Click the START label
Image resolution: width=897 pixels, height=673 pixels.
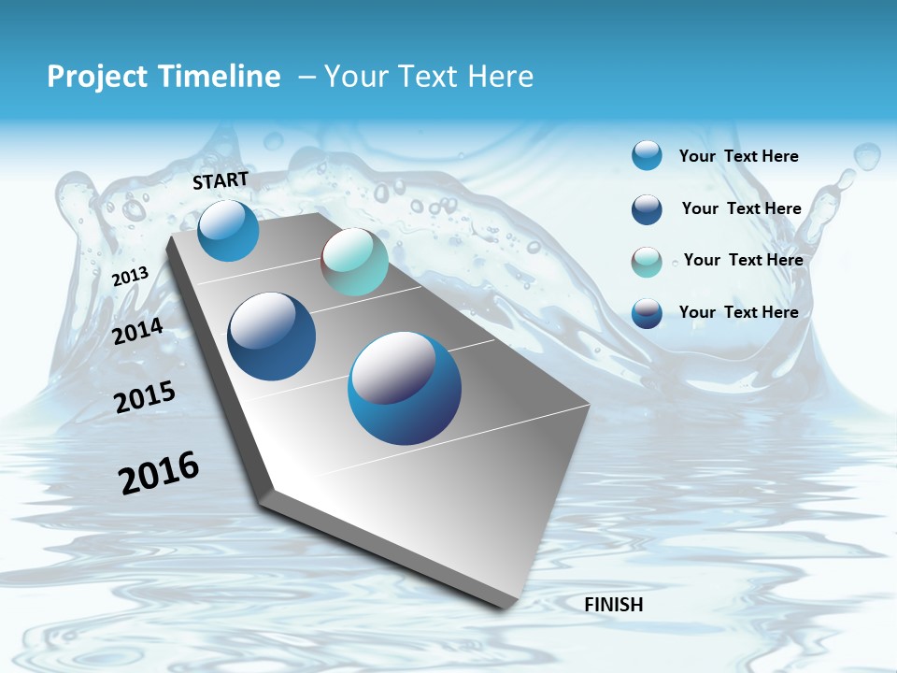click(221, 180)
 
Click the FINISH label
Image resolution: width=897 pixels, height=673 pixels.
click(614, 605)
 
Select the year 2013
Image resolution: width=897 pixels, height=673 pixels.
click(131, 277)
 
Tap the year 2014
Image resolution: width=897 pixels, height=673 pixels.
click(138, 332)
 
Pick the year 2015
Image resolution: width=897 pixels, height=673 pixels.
click(145, 397)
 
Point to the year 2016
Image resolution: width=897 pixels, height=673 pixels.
click(159, 473)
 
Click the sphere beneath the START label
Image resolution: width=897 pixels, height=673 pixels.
click(228, 230)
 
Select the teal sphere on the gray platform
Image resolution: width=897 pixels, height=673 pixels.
click(354, 262)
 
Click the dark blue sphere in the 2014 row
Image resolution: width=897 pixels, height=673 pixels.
click(272, 336)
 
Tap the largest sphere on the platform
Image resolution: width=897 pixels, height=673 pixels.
click(405, 388)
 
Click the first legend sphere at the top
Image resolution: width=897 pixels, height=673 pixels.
click(647, 155)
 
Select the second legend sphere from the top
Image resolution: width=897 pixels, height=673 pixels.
click(647, 209)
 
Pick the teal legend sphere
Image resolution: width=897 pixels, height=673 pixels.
click(647, 262)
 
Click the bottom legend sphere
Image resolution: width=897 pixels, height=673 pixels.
click(647, 313)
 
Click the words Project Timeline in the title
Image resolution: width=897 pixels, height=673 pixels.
click(164, 77)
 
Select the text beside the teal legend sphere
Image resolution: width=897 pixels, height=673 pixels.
click(743, 260)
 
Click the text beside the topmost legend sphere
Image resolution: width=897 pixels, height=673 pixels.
click(738, 156)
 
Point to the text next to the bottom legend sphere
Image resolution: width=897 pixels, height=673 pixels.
click(738, 312)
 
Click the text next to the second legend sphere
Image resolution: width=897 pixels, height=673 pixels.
click(741, 208)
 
